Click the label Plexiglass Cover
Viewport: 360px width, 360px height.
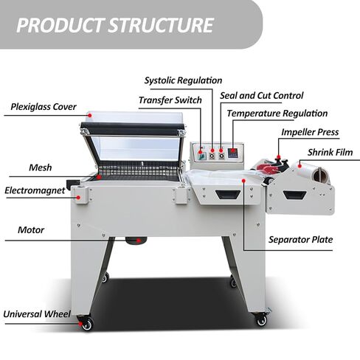(x=44, y=107)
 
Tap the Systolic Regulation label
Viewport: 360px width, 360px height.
(x=183, y=80)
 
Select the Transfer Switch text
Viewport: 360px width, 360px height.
(x=170, y=100)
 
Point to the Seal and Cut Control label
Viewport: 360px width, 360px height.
(x=262, y=96)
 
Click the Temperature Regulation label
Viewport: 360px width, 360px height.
(x=277, y=114)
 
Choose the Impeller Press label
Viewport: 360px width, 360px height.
(x=310, y=132)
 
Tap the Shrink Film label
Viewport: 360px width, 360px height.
(x=330, y=152)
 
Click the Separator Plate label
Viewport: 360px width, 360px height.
(x=300, y=240)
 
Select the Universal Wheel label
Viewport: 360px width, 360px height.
(x=37, y=314)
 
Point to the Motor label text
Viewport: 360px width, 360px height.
(x=31, y=230)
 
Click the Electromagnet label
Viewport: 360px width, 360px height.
(x=35, y=190)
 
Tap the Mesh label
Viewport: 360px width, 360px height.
(x=41, y=167)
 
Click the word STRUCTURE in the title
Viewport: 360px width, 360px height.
(x=161, y=25)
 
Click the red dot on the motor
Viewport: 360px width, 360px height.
(x=139, y=240)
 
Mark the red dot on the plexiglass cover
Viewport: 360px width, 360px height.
(x=90, y=115)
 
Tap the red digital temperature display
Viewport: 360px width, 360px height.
(x=232, y=153)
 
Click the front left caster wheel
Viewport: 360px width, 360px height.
(x=87, y=325)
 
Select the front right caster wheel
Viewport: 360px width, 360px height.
(x=262, y=319)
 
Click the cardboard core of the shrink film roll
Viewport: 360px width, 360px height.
(x=318, y=175)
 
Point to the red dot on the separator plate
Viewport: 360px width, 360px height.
(x=243, y=181)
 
